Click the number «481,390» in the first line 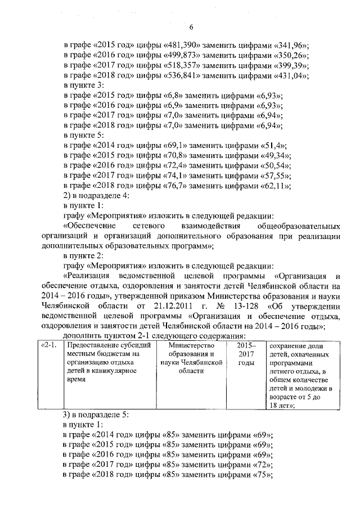coord(174,47)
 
